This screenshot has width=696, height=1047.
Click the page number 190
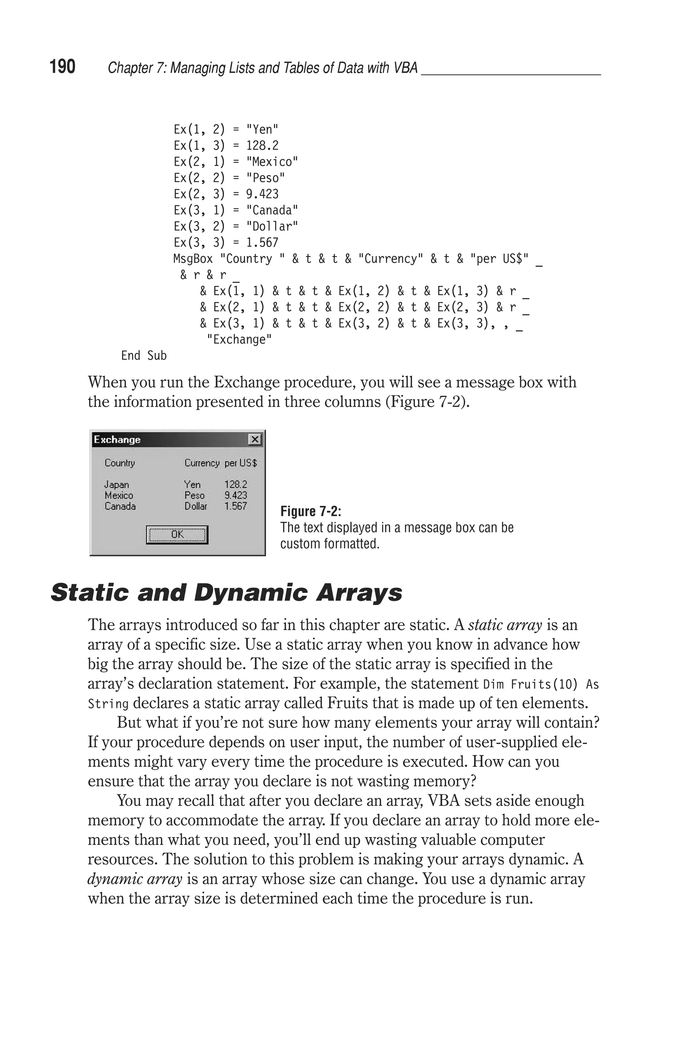pos(62,67)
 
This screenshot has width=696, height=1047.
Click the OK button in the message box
pos(177,534)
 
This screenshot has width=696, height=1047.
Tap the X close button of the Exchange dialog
pos(255,440)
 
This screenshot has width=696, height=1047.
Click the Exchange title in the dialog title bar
pos(117,440)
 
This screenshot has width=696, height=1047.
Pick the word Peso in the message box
pos(194,495)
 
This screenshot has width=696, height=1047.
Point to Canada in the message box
pos(120,506)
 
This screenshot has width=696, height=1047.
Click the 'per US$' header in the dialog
pos(241,463)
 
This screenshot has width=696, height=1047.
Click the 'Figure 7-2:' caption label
pos(311,511)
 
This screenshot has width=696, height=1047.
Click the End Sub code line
pos(144,356)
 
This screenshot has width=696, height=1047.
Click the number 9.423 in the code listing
pos(262,194)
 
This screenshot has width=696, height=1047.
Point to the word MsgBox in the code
pos(193,259)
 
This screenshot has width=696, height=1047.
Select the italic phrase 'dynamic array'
pos(135,879)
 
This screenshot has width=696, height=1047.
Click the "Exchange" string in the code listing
pos(239,340)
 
